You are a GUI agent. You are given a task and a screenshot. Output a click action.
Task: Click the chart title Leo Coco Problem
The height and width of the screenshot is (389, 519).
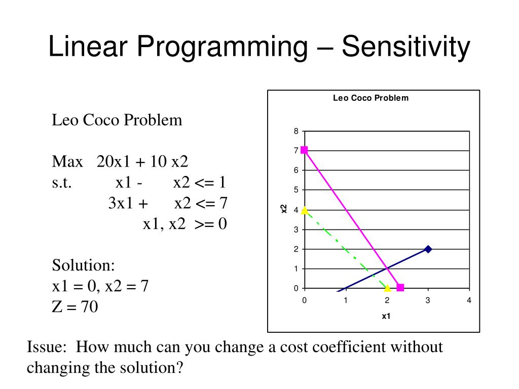[370, 98]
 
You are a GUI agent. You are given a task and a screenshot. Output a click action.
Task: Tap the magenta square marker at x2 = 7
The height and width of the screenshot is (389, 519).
[304, 150]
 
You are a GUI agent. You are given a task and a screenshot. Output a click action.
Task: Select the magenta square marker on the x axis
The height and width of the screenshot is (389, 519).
[400, 288]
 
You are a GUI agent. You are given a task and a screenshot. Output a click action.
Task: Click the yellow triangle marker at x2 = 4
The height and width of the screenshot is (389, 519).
[304, 210]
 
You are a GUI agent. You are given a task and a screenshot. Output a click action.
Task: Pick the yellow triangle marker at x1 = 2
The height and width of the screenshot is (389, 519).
[387, 288]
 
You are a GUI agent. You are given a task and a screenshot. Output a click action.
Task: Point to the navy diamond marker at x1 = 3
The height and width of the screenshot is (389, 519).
[428, 249]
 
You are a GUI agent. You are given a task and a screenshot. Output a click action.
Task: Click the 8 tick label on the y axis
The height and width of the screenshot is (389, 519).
[296, 131]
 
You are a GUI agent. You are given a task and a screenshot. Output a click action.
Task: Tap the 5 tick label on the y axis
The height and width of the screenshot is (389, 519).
[296, 190]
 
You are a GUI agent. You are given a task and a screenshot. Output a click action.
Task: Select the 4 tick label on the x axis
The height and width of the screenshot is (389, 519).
[469, 300]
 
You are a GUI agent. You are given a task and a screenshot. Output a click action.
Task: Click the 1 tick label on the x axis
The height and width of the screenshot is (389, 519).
[345, 300]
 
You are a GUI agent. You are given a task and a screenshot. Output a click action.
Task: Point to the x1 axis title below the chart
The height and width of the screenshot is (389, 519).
[386, 317]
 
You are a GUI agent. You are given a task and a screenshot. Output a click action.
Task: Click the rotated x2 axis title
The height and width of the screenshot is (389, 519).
[284, 209]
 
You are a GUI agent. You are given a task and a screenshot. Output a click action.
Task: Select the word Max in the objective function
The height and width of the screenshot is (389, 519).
[67, 162]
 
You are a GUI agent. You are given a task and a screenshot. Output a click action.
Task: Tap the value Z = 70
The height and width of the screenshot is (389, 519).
[75, 307]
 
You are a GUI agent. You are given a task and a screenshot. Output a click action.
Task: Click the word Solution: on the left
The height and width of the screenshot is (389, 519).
[84, 265]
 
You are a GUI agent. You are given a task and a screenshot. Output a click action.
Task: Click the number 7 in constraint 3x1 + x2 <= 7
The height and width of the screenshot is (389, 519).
[223, 204]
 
